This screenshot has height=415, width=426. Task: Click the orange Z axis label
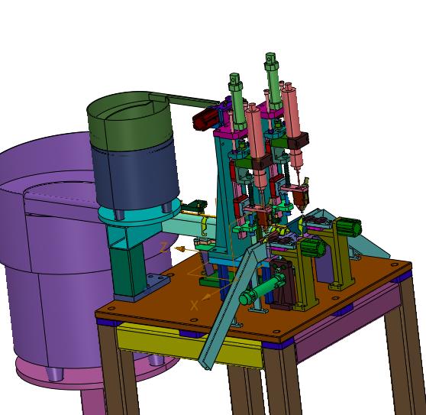point(164,248)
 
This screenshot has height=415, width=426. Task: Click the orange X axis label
point(195,306)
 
